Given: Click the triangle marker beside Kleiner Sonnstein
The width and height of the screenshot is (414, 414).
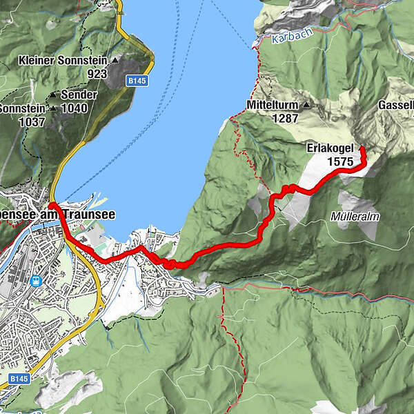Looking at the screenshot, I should pos(115,60).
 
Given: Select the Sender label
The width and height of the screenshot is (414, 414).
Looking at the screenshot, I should pos(79,95).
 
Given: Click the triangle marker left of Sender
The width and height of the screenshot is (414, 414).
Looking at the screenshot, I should pos(53,95).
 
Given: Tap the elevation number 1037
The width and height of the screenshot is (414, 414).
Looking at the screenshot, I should pos(32,122).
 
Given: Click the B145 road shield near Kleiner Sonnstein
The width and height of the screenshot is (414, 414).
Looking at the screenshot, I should pos(137,81).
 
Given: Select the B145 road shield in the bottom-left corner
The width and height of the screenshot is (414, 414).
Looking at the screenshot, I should pos(19,379).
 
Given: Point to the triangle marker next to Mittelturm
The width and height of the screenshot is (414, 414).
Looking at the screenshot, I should pos(306,106).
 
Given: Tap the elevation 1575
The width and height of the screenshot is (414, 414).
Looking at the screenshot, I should pos(341,161).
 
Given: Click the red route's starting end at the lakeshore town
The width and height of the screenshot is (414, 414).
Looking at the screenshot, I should pos(52,205).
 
